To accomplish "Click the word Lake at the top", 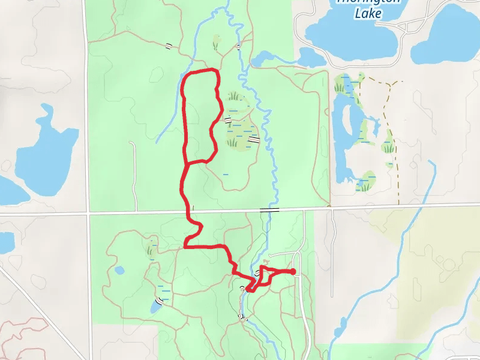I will coord(367,13).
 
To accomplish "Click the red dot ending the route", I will coord(293,272).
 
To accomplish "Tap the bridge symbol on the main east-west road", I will coord(269,210).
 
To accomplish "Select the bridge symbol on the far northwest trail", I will coord(169,46).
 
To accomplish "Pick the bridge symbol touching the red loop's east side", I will coord(228,120).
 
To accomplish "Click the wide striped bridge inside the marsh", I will coord(254,139).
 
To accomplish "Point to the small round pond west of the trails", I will coord(119,270).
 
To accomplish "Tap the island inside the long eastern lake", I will coord(348,123).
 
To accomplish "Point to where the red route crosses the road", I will coord(187,212).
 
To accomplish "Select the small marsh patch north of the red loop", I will coord(216,42).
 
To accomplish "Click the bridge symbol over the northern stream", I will coord(238,46).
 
